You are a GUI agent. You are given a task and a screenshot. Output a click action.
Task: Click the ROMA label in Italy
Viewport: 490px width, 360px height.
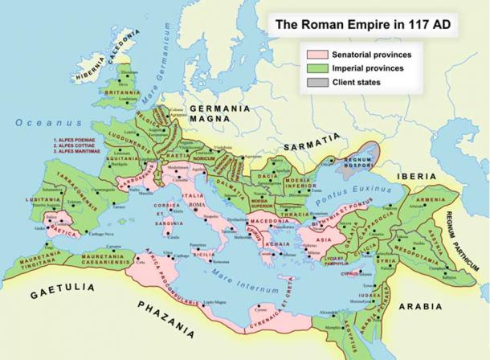[x=198, y=206]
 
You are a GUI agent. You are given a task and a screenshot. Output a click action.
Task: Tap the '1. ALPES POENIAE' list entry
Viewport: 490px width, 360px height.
[x=77, y=140]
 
